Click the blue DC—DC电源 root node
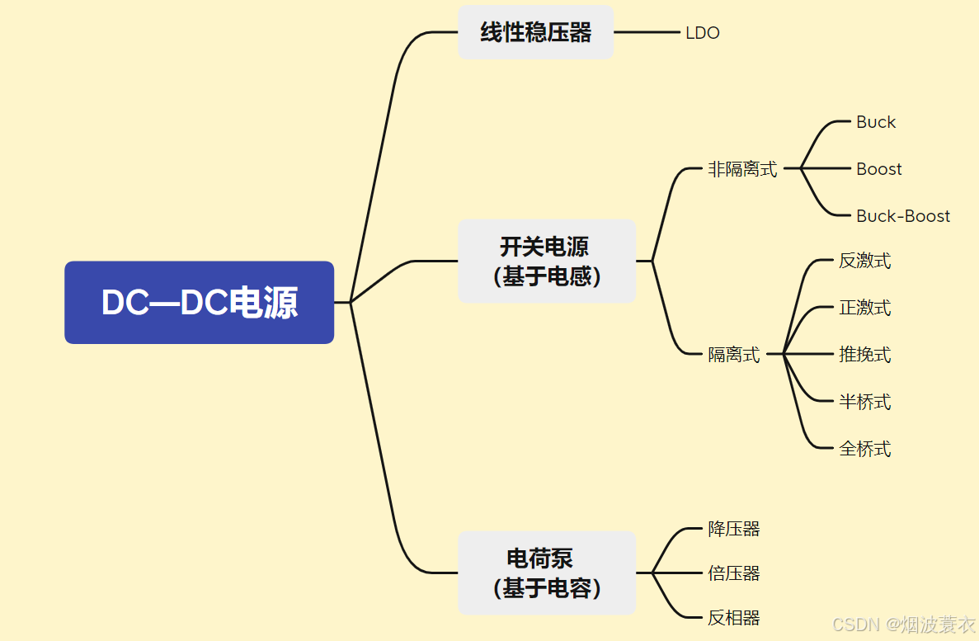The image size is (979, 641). (199, 303)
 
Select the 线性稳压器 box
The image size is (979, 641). (535, 32)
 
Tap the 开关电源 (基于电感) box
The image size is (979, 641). (547, 261)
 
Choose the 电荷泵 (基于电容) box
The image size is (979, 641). (547, 573)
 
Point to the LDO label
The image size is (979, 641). (703, 33)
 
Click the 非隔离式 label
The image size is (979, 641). (742, 169)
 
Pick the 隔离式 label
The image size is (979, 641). (734, 355)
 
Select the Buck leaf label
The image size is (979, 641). (876, 122)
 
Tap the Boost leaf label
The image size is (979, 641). (879, 169)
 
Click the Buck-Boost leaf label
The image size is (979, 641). (903, 216)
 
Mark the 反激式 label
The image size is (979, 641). (865, 261)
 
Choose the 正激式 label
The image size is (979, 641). (865, 308)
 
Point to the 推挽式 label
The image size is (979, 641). (865, 355)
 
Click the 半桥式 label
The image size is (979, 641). (865, 402)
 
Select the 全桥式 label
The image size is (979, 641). (865, 449)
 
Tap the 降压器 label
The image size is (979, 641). (734, 529)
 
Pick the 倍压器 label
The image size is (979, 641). (734, 573)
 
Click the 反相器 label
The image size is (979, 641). (734, 617)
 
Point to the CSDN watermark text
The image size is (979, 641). (903, 625)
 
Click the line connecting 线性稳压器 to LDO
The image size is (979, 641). (647, 32)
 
